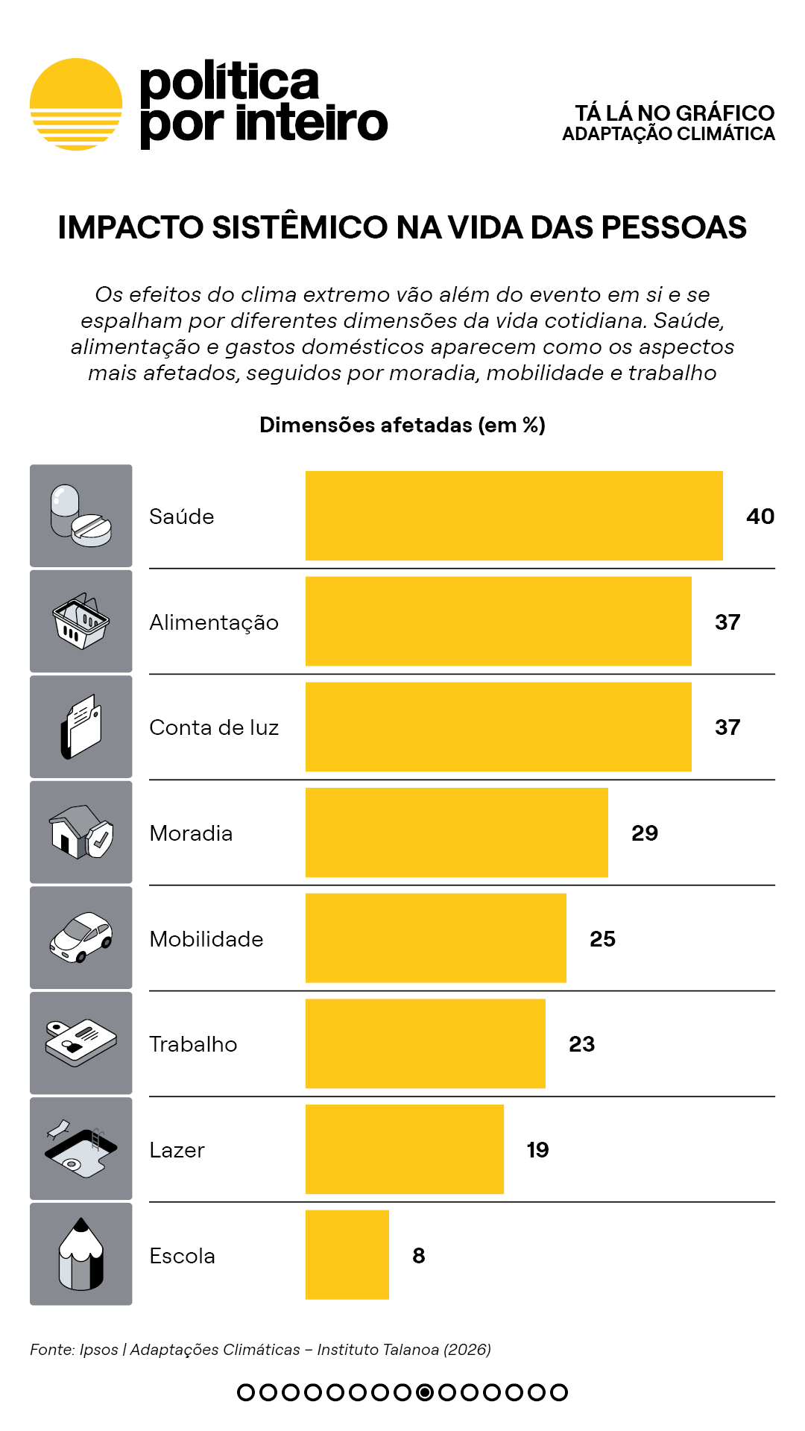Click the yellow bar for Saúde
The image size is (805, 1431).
514,516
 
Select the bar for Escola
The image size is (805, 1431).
347,1255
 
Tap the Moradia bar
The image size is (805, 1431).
457,833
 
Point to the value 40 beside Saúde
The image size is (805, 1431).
760,517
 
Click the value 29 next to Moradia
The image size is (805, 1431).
645,833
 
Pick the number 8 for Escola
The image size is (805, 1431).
419,1256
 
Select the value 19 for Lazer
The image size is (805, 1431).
537,1150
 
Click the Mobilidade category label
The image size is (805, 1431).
206,939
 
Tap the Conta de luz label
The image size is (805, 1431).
214,727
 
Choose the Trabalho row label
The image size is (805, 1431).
193,1044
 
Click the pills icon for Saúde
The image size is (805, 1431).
80,516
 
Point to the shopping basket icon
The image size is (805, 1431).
80,622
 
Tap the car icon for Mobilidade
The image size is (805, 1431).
80,938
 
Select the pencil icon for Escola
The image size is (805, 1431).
80,1254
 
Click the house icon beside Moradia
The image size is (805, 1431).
80,832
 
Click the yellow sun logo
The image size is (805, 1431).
76,104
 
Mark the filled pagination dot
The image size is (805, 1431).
425,1392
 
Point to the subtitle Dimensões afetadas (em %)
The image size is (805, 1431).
402,425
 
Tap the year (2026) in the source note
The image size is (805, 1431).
467,1350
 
